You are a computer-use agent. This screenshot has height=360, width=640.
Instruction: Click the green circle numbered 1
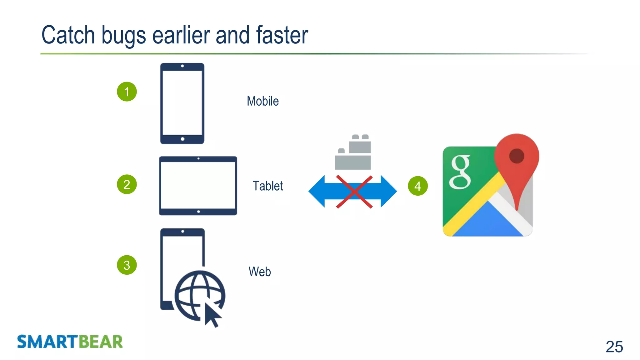pyautogui.click(x=127, y=92)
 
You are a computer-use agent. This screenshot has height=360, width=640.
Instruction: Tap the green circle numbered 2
pyautogui.click(x=127, y=184)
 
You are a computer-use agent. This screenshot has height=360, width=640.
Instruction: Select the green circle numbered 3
pyautogui.click(x=127, y=265)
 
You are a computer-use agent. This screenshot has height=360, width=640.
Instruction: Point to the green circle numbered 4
pyautogui.click(x=417, y=186)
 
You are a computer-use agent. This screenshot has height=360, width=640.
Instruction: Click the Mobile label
pyautogui.click(x=262, y=101)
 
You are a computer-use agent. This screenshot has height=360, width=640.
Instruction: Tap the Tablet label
pyautogui.click(x=267, y=186)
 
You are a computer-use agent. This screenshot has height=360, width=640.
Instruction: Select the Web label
pyautogui.click(x=259, y=272)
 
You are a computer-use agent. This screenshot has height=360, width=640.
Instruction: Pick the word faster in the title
pyautogui.click(x=282, y=35)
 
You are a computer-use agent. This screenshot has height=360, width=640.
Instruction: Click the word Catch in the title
pyautogui.click(x=68, y=35)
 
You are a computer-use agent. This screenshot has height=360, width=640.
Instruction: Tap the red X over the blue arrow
pyautogui.click(x=354, y=192)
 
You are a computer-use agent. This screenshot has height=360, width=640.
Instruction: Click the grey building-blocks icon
pyautogui.click(x=353, y=152)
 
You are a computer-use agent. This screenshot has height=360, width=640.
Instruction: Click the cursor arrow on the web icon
pyautogui.click(x=212, y=314)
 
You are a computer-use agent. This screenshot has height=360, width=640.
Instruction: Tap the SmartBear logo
pyautogui.click(x=70, y=342)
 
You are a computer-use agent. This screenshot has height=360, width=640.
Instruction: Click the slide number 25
pyautogui.click(x=614, y=347)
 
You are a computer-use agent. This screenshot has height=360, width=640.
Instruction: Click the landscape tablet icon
pyautogui.click(x=198, y=186)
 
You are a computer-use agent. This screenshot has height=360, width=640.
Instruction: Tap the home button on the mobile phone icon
pyautogui.click(x=182, y=139)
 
